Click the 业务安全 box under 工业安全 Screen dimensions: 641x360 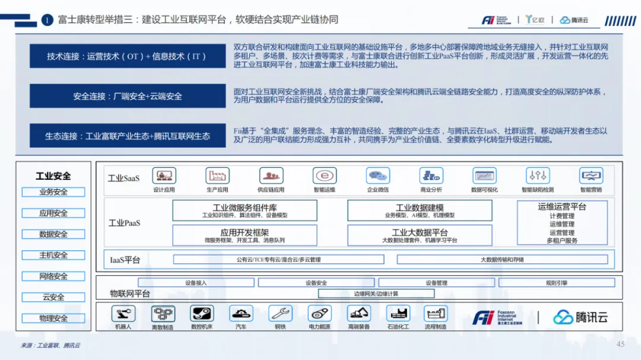[x=53, y=192]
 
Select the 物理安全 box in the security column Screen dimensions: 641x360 [x=53, y=318]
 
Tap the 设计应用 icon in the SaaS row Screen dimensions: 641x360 [x=164, y=176]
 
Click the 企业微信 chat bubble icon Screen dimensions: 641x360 [x=377, y=176]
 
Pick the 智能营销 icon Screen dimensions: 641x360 [x=591, y=176]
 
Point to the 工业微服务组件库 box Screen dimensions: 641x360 [x=245, y=211]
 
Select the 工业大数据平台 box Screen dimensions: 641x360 [x=420, y=235]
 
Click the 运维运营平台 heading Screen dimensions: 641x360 [x=562, y=207]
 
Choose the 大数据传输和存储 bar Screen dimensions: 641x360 [x=502, y=260]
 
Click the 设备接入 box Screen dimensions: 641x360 [x=196, y=283]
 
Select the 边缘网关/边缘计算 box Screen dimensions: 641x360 [x=376, y=294]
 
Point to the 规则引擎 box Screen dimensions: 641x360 [x=556, y=283]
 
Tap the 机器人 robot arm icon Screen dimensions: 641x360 [x=123, y=314]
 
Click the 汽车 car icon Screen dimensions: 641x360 [x=241, y=314]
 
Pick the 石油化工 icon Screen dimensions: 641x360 [x=398, y=314]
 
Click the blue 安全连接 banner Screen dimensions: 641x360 [x=128, y=96]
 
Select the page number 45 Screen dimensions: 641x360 [x=621, y=345]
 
